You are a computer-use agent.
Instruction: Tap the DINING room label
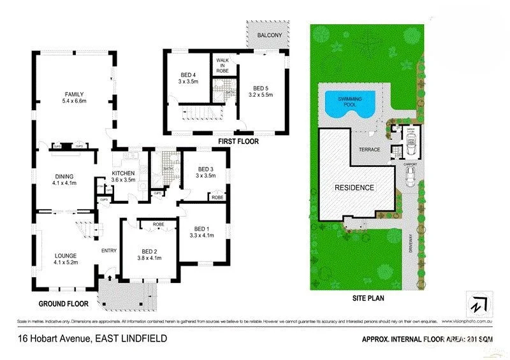pos(64,176)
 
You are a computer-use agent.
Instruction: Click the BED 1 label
pos(201,229)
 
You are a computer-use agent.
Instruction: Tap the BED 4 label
pos(189,76)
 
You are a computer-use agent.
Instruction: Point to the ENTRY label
pos(108,250)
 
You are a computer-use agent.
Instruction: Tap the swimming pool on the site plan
pos(348,103)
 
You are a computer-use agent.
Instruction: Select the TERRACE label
pos(370,150)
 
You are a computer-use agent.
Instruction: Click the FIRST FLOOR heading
pos(238,141)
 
